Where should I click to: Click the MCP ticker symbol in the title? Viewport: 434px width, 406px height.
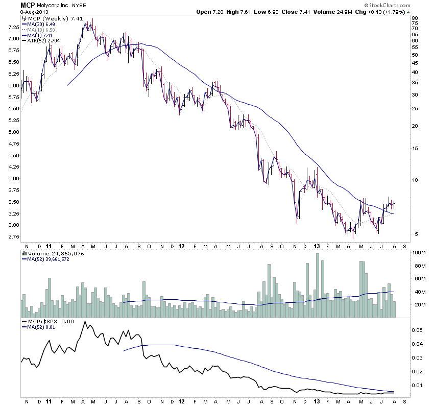coord(28,5)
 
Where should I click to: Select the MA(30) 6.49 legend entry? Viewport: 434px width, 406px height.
coord(41,24)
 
